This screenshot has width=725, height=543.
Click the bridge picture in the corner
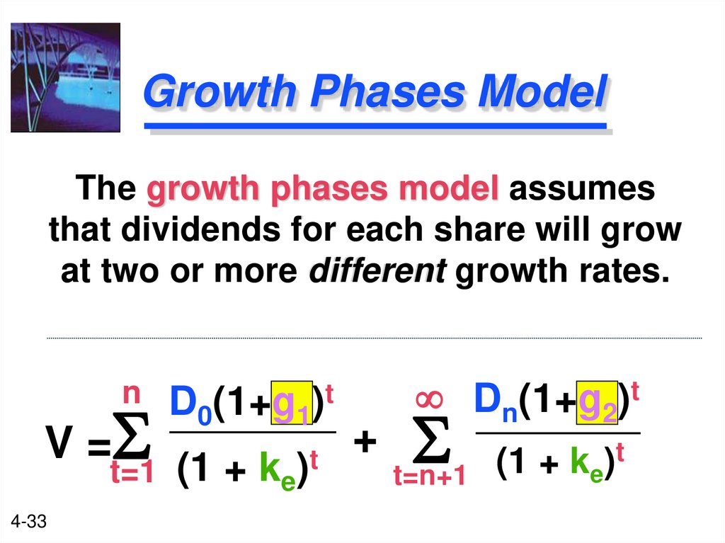[x=65, y=78]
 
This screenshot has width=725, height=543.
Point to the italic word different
[x=377, y=272]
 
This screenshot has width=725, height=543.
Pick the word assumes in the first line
[x=582, y=190]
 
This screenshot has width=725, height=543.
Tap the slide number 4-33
[x=29, y=522]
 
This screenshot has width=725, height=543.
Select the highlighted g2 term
[x=597, y=401]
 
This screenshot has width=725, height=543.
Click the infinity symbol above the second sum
[x=430, y=399]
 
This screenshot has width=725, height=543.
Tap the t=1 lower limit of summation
[x=132, y=473]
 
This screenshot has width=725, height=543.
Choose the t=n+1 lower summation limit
[x=429, y=476]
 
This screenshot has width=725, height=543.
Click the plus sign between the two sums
[x=364, y=443]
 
